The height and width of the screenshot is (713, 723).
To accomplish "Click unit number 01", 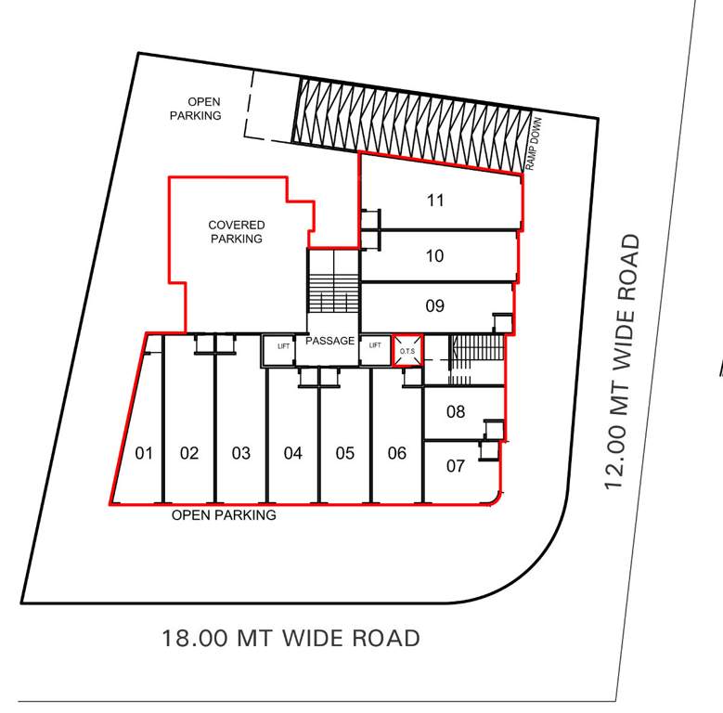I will (x=144, y=453).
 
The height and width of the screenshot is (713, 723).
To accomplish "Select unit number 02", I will (x=189, y=453).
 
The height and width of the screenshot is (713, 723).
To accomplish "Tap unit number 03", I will (x=241, y=453).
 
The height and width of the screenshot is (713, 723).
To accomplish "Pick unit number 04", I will (x=293, y=453).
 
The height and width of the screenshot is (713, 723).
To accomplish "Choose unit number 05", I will (x=345, y=453).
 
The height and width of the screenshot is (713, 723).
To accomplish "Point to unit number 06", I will (x=397, y=453).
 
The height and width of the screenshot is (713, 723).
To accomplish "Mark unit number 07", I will (x=455, y=465).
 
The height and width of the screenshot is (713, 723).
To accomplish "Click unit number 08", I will (x=455, y=411).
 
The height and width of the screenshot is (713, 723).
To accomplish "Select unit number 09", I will (x=434, y=305).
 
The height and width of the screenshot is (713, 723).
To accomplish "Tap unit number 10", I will (x=434, y=255).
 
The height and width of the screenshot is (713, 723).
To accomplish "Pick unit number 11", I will (x=435, y=200).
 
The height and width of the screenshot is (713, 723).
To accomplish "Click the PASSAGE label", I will (x=329, y=341).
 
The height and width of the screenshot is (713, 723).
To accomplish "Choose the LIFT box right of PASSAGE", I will (x=375, y=345).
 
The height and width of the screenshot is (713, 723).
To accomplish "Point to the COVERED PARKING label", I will (x=236, y=232).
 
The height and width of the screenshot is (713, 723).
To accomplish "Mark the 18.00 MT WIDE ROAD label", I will (x=290, y=639).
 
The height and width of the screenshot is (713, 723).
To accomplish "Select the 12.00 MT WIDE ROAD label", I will (x=622, y=363).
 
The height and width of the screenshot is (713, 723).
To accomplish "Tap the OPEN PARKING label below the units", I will (x=224, y=515).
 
